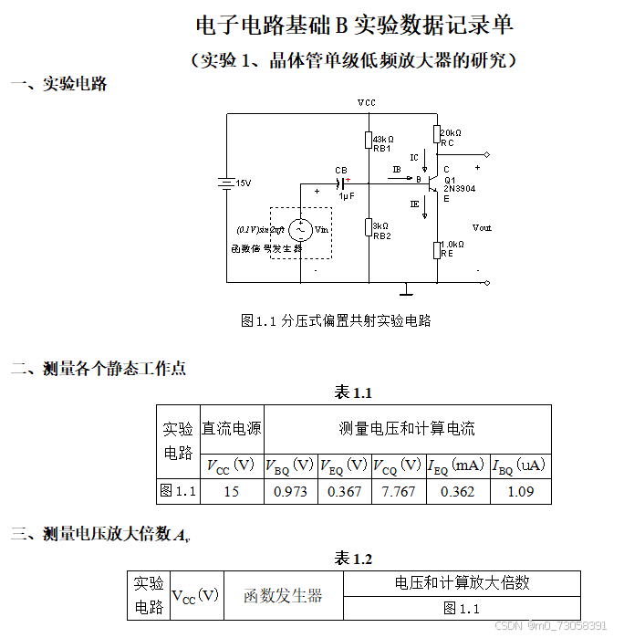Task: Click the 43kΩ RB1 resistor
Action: pos(368,141)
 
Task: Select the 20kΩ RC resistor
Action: pos(435,136)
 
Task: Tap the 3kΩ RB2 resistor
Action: pos(368,227)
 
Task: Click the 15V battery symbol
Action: pos(227,183)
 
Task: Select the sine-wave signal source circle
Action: pos(298,230)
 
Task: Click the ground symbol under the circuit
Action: pos(406,291)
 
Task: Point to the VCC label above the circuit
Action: pos(366,103)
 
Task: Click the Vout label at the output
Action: pos(481,228)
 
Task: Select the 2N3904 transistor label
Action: pos(459,189)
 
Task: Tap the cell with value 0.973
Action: pos(290,491)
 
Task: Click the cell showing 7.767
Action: pos(398,491)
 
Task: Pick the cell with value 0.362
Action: pos(456,491)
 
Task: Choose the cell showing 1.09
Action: pos(519,491)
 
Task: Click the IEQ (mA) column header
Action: pos(456,465)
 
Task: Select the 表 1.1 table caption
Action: pos(353,393)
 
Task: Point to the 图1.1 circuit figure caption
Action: pos(335,320)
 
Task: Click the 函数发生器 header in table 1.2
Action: pos(283,596)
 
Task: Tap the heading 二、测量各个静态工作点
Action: pos(99,369)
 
